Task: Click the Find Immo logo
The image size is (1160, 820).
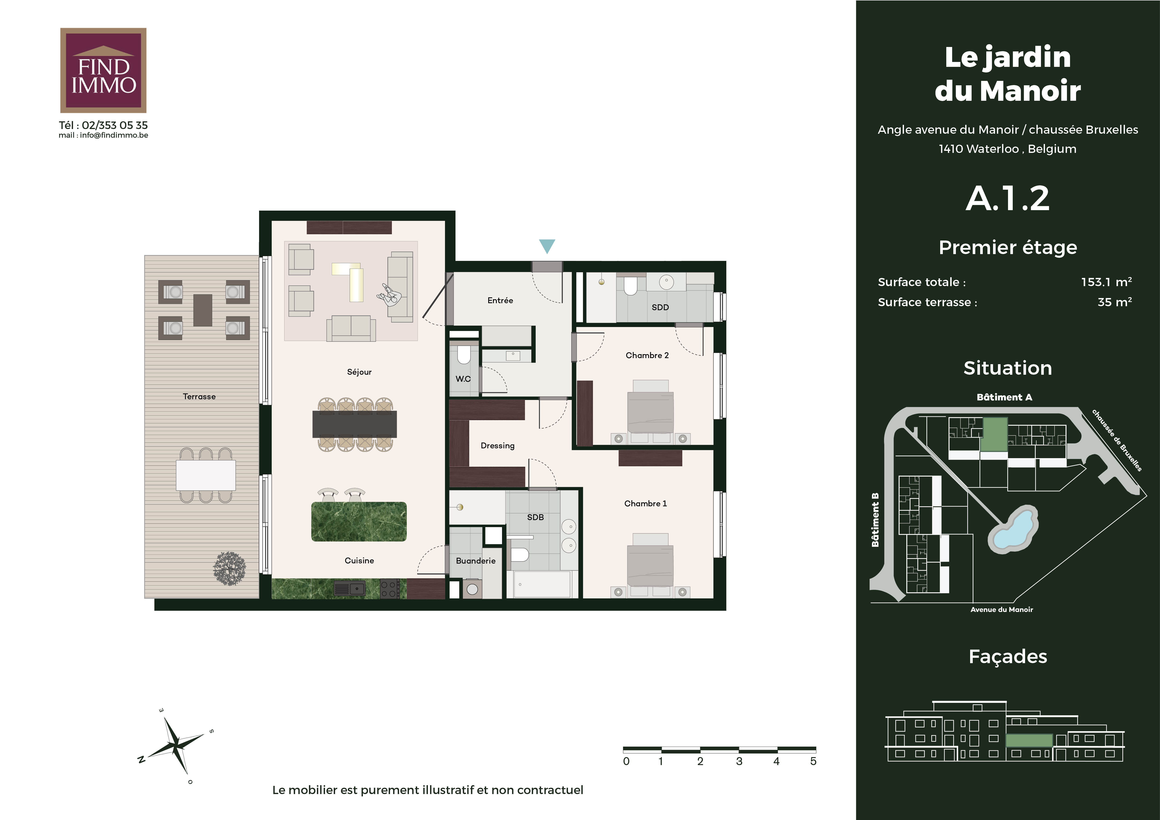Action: (103, 70)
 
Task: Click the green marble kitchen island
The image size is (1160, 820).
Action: (359, 521)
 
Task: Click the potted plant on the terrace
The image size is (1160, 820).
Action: (229, 568)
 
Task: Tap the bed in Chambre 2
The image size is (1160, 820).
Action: (650, 406)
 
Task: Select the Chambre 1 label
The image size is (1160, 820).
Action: (646, 504)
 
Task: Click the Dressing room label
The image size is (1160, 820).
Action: (498, 445)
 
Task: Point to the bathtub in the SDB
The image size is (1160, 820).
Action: (542, 584)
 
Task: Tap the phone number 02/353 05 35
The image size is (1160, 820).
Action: (115, 125)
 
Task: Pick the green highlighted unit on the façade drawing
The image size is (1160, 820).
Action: (1029, 740)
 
